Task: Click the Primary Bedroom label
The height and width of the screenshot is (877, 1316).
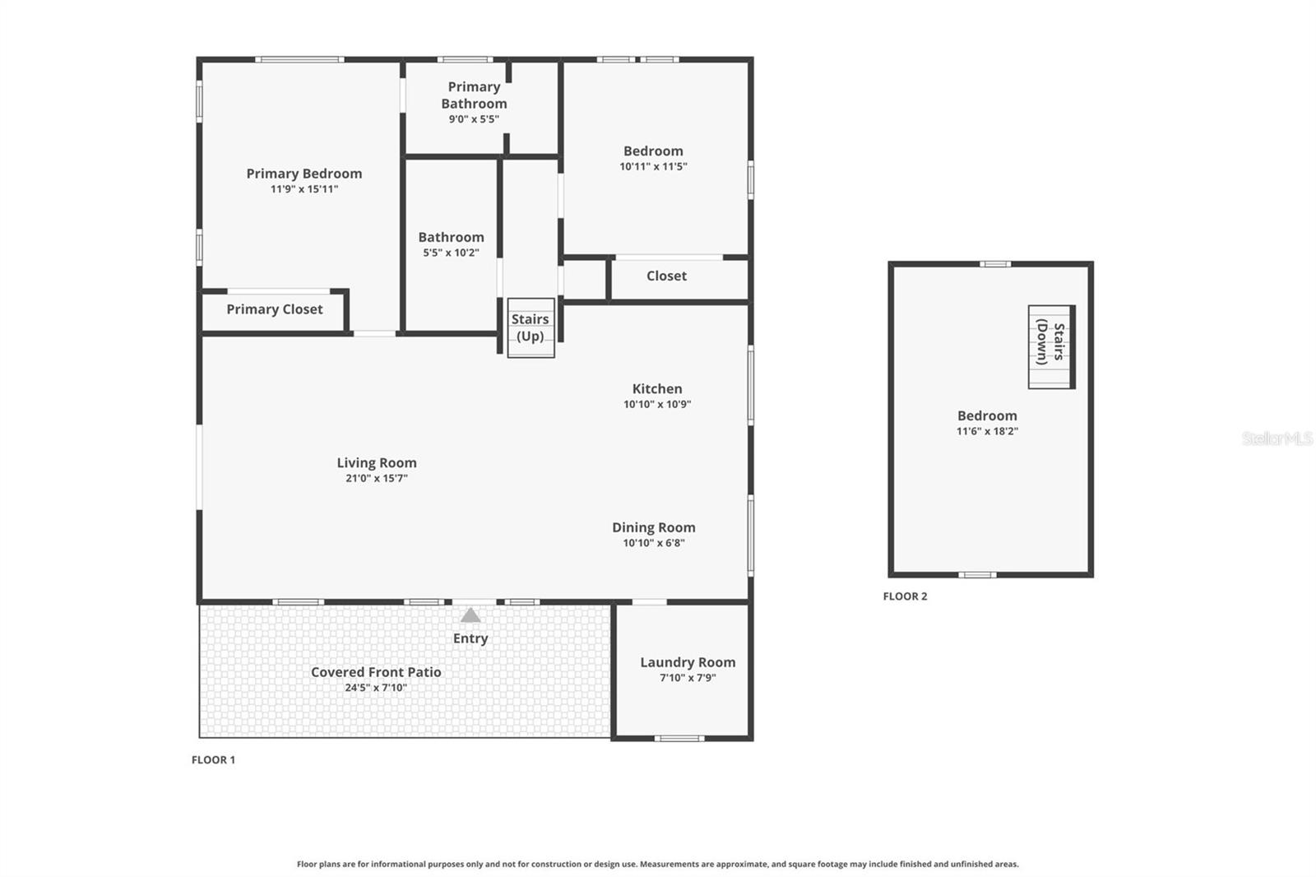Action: coord(304,174)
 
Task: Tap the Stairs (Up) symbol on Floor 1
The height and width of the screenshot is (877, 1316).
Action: coord(531,327)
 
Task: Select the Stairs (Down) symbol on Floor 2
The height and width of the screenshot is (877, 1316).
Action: coord(1051,346)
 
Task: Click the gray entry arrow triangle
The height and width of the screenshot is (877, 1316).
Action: coord(470,615)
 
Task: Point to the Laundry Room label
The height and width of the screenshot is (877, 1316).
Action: coord(688,662)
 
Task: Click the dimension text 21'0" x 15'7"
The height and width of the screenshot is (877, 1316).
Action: coord(377,478)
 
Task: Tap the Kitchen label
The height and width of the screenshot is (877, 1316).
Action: coord(656,388)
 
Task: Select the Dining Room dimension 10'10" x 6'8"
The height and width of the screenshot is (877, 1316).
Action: coord(654,543)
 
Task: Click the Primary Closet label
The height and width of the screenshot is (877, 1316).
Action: coord(274,309)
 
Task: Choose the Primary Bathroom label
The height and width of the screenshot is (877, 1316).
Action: coord(474,95)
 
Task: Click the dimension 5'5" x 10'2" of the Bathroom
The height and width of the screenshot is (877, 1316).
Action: coord(451,253)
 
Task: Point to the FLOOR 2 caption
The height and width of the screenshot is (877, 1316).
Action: coord(905,596)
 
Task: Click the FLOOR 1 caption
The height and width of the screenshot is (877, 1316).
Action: coord(213,760)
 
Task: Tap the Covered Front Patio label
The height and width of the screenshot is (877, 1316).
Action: coord(376,672)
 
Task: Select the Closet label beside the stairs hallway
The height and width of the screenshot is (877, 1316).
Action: coord(666,276)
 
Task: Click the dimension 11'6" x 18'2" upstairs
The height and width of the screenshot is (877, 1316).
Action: coord(987,431)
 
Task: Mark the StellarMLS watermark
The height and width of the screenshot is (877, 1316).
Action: coord(1277,438)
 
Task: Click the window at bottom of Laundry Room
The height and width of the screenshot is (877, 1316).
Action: coord(679,738)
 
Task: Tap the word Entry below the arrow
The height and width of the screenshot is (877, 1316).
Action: coord(470,638)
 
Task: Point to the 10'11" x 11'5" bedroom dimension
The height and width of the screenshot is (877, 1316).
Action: coord(653,166)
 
